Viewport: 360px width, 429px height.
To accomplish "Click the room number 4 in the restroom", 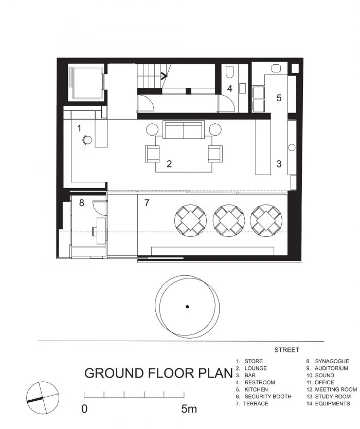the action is click(x=230, y=88).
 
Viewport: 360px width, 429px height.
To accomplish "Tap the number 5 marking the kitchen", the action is click(x=279, y=98).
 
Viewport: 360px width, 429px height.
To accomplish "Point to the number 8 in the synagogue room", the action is click(x=81, y=203).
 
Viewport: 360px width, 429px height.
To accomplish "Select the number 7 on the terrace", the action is click(x=147, y=203).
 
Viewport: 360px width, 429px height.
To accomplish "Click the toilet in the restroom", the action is click(x=229, y=72).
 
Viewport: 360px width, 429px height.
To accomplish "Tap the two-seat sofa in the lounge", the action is click(x=184, y=129).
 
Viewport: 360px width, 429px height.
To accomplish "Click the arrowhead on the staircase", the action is click(x=164, y=76).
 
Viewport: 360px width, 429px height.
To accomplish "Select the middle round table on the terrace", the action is click(x=229, y=221).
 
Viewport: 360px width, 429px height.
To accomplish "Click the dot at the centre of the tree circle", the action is click(x=187, y=307).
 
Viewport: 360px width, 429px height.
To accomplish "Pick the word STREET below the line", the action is click(x=286, y=350).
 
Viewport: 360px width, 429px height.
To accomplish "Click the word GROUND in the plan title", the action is click(x=114, y=373).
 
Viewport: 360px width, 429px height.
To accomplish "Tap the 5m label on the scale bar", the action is click(x=189, y=409).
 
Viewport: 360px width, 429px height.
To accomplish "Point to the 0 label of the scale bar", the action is click(x=84, y=409).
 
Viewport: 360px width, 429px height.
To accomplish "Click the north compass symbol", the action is click(x=43, y=398).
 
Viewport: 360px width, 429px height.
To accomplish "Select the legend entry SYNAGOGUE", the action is click(x=332, y=361).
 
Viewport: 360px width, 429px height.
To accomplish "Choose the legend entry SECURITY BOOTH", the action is click(x=268, y=397).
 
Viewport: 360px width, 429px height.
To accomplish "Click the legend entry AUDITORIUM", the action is click(x=331, y=368).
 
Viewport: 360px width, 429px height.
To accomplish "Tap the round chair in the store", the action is click(x=87, y=140).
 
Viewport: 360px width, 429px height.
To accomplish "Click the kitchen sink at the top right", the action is click(x=277, y=68).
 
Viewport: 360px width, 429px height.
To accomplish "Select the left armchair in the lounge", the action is click(x=152, y=154).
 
